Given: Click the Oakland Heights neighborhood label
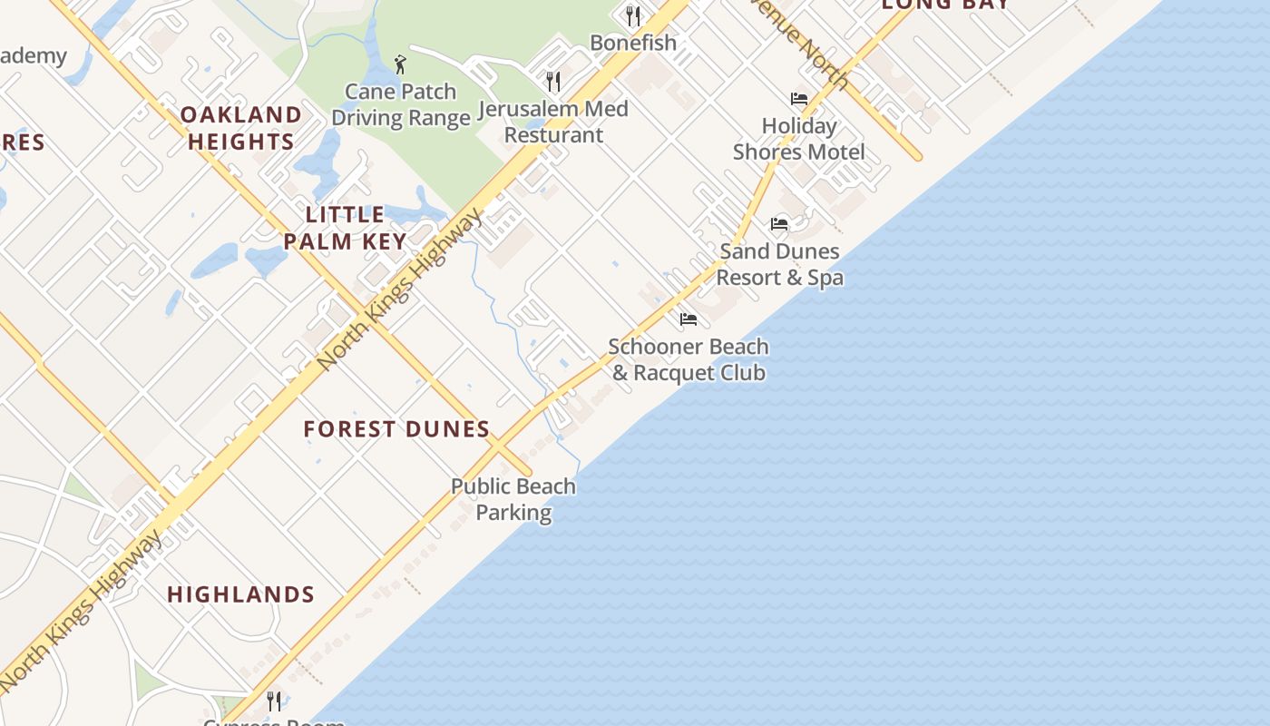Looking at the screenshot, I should pos(240,128).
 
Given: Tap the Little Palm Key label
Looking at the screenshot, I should pos(345,228).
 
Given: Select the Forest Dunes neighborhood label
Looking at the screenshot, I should pos(396,429).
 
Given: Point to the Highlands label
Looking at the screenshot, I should pos(240,594).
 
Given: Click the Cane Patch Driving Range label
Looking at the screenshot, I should pos(400,104).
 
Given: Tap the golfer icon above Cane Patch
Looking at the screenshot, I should pos(400,64).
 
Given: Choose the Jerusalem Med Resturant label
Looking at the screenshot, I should pos(553,122).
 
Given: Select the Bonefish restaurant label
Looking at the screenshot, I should pos(633,43).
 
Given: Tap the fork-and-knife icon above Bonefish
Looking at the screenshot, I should pos(633,15).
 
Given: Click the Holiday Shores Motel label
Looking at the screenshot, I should pos(799,139).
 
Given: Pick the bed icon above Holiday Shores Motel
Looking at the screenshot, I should pos(799,98).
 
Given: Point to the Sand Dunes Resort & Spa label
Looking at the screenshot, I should pos(780,264).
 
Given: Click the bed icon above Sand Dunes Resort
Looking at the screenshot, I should pos(779,223).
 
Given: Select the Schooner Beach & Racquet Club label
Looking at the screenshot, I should pos(689,359).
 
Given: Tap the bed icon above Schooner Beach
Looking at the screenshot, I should pos(689,319).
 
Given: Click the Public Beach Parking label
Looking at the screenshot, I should pos(513,499).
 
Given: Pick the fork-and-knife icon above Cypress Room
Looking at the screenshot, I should pos(274,701).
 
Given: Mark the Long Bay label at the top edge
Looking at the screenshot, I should pos(945,5).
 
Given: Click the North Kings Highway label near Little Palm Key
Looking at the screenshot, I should pos(401,289).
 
